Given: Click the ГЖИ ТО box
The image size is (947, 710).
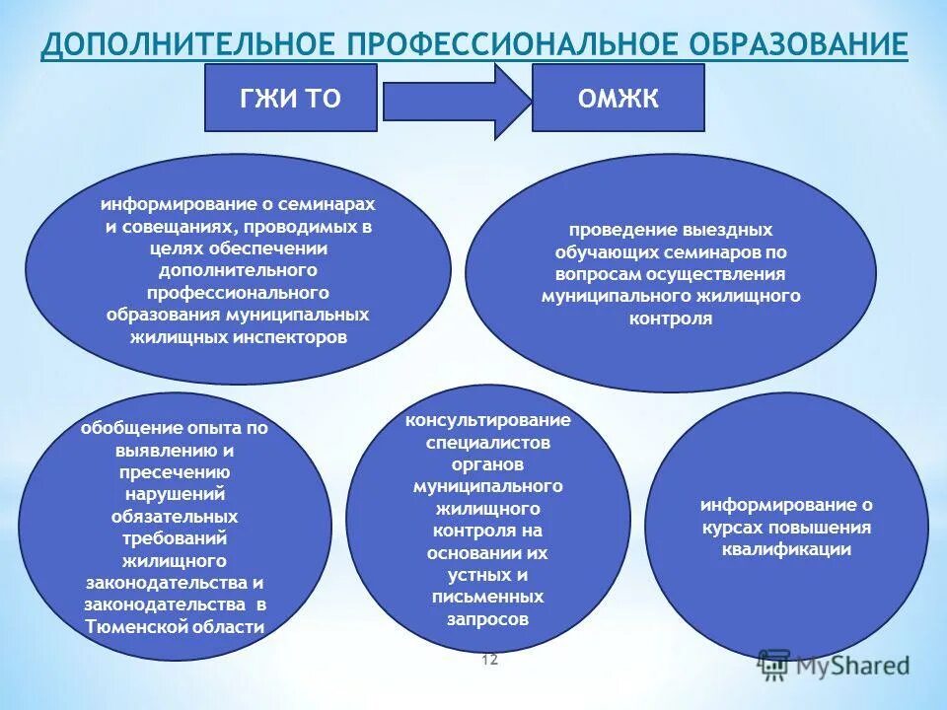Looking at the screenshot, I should pos(290,98).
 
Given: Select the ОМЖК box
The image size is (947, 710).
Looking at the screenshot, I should pos(618,98).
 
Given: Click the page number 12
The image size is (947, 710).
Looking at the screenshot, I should pos(489,660).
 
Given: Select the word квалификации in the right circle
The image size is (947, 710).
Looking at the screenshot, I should pos(786,549).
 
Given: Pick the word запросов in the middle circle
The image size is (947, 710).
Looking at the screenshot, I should pos(487,619).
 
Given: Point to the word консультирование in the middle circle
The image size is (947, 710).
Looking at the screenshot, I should pos(487,420).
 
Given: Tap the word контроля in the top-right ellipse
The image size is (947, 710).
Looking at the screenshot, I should pos(670,319).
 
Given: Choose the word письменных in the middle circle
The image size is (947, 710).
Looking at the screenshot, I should pos(487,598).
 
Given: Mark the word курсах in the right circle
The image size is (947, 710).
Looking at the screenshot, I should pos(737,527).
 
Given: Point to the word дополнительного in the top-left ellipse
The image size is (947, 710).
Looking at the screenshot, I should pos(238,269).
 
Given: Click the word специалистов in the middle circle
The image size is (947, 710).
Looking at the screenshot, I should pos(488,443).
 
